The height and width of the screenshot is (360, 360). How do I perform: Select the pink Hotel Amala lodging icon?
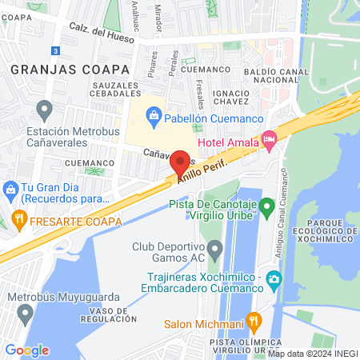[270, 141]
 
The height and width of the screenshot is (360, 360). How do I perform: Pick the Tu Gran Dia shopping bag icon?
[10, 190]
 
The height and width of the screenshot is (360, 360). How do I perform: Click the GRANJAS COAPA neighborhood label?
[54, 70]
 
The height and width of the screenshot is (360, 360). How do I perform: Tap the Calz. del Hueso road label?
[100, 28]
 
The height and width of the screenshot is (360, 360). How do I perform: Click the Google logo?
[26, 350]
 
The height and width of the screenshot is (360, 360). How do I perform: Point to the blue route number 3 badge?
[54, 50]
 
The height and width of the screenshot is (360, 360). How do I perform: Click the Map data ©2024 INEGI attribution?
[311, 354]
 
